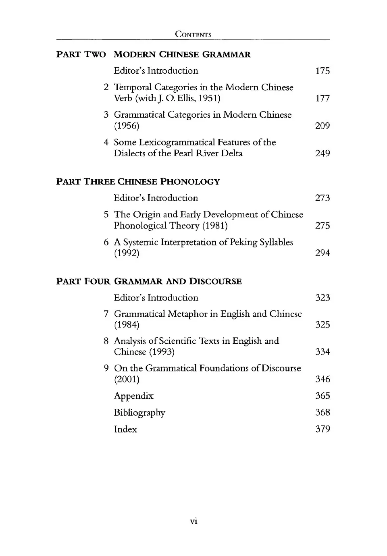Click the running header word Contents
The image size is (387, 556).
pos(193,35)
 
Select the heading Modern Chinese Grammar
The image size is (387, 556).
pos(182,54)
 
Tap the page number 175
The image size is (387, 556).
pos(322,71)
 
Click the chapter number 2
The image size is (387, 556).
pos(106,87)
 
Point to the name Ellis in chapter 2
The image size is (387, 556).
pos(187,98)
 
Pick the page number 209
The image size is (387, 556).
pos(322,126)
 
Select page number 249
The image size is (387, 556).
pos(322,153)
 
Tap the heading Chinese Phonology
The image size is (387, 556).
pos(169,182)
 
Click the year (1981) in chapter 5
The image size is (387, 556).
pos(215,226)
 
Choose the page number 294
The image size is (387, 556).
pos(322,253)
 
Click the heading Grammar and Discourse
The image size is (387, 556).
pos(178,281)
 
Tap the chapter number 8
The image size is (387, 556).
pos(106,341)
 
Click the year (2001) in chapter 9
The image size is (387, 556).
pos(127,379)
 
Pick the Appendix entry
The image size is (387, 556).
pos(133,396)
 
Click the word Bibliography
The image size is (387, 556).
pos(139,413)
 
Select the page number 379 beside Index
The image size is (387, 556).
pos(322,429)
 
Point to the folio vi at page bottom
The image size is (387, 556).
pos(193,521)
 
